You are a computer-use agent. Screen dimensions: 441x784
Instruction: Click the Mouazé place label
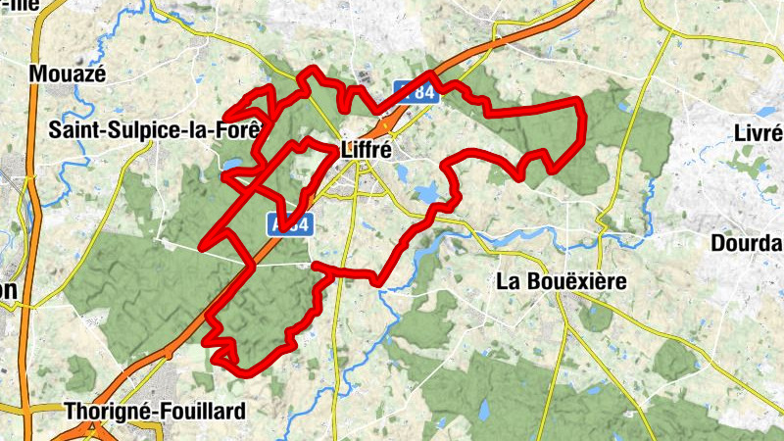pyautogui.click(x=68, y=73)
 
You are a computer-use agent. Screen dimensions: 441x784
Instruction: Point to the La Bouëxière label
pyautogui.click(x=561, y=282)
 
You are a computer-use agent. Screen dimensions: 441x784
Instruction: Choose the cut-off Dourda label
pyautogui.click(x=753, y=241)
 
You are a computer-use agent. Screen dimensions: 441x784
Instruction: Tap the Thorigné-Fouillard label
pyautogui.click(x=154, y=412)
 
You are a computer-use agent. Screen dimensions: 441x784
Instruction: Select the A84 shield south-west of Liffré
pyautogui.click(x=290, y=224)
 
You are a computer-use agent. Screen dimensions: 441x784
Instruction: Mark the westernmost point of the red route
pyautogui.click(x=201, y=245)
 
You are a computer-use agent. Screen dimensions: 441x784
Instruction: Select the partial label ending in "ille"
pyautogui.click(x=20, y=5)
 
